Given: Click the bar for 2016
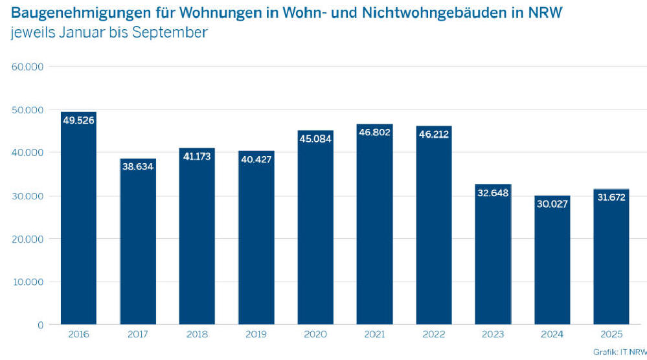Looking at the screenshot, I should point(78,220).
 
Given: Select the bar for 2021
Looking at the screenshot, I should point(374,227).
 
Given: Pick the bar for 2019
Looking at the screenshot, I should point(256,240).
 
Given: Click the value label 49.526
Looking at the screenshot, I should point(78,120).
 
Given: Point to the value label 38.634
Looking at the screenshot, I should point(138,166).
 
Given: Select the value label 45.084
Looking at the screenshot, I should point(315,139).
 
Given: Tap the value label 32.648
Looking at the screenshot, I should point(493,192).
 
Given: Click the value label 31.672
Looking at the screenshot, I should point(611,197).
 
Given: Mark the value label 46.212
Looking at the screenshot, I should point(433,134).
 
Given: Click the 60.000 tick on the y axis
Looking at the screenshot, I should point(27,67).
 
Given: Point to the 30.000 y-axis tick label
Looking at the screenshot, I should point(27,196).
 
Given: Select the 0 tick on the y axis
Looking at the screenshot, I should point(40,324).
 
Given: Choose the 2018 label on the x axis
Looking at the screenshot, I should point(197,335).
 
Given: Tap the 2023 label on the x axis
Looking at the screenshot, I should point(493,335).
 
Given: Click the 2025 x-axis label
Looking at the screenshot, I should point(611,335).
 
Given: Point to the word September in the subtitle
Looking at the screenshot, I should point(170,32).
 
